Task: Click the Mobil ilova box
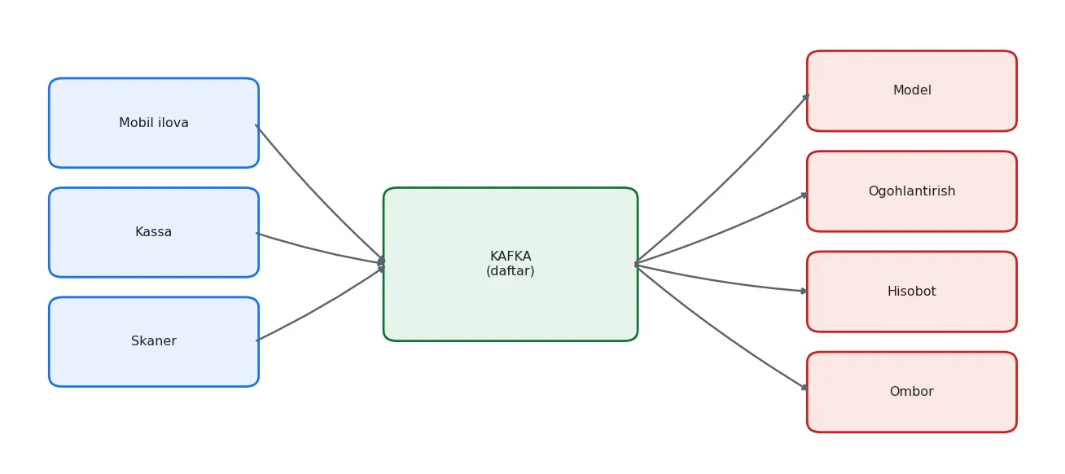(x=154, y=123)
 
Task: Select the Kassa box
(x=154, y=232)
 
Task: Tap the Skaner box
(x=154, y=342)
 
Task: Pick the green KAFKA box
(x=511, y=264)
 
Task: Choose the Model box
(x=911, y=90)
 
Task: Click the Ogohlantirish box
(x=911, y=191)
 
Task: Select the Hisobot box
(x=911, y=292)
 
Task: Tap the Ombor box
(x=911, y=392)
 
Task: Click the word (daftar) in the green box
(x=511, y=271)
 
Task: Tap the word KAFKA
(x=511, y=257)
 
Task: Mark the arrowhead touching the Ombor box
(x=804, y=388)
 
